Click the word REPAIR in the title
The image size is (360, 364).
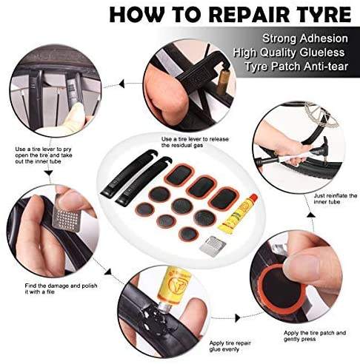[x=254, y=15]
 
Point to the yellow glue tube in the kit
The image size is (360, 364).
[x=238, y=213]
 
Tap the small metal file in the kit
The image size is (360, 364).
[x=213, y=246]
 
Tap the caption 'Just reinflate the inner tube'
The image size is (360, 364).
[x=336, y=199]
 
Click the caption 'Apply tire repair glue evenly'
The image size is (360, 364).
[x=230, y=346]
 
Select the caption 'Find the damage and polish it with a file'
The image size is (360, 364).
[x=61, y=289]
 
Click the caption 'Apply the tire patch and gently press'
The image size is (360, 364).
[x=315, y=336]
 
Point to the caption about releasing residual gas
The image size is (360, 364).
[x=195, y=142]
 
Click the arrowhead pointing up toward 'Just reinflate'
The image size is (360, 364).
[x=311, y=215]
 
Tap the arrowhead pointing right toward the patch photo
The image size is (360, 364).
[x=238, y=318]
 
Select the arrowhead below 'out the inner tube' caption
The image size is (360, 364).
[x=49, y=172]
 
